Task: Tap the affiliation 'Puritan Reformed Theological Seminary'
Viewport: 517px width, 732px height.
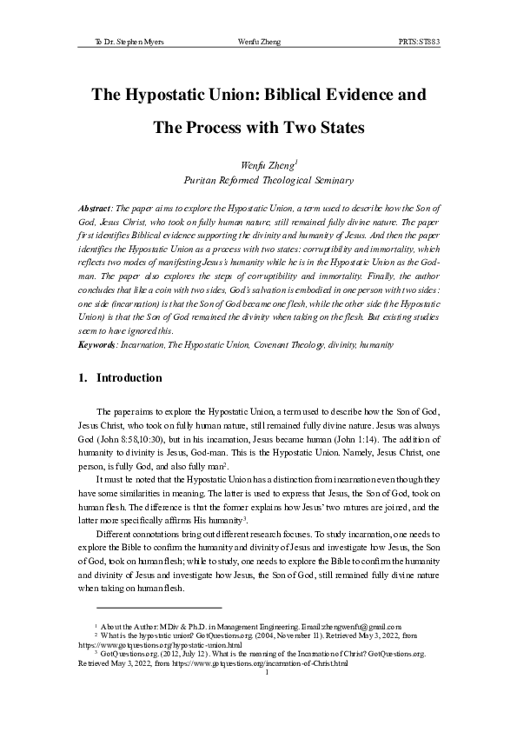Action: coord(268,181)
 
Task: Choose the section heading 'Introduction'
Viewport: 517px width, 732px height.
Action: coord(129,378)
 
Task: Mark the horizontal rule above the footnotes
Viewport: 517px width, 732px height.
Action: coord(159,608)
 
